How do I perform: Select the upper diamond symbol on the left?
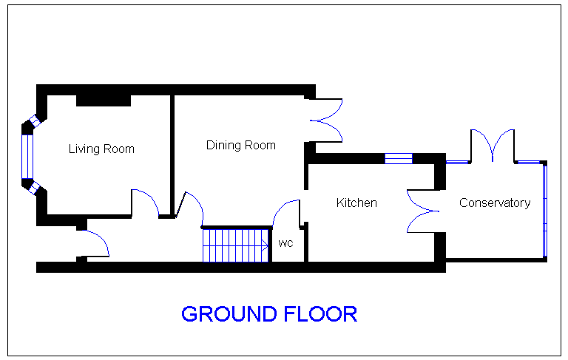click(35, 120)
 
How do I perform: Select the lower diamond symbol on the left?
click(34, 189)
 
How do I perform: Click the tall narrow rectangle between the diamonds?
click(27, 156)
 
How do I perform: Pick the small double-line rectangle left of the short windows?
click(399, 158)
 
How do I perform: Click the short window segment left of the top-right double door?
click(457, 162)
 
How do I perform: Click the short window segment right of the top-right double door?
click(529, 162)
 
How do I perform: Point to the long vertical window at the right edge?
click(545, 211)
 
